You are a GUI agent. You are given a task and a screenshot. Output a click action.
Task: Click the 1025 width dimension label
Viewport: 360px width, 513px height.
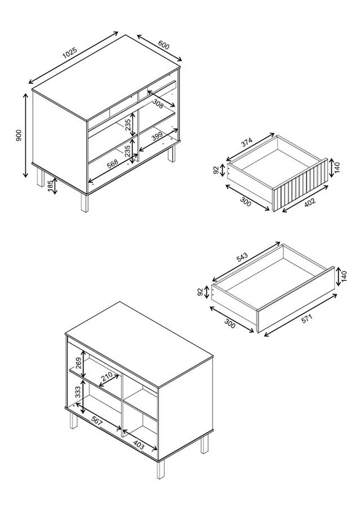pyautogui.click(x=70, y=53)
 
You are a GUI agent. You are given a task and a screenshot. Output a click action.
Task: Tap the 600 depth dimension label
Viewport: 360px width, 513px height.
pyautogui.click(x=163, y=45)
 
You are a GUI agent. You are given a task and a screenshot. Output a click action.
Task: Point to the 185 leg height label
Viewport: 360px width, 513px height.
pyautogui.click(x=50, y=186)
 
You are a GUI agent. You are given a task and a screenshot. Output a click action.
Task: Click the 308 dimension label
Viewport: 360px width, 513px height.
pyautogui.click(x=158, y=103)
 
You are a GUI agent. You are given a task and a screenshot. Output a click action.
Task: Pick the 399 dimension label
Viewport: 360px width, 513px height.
pyautogui.click(x=157, y=136)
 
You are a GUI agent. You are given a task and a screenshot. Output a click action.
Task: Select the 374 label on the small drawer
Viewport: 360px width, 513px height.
pyautogui.click(x=247, y=142)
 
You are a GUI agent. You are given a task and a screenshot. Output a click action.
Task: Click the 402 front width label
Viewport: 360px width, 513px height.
pyautogui.click(x=310, y=202)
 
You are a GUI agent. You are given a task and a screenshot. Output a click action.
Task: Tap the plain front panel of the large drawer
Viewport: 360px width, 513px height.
pyautogui.click(x=295, y=299)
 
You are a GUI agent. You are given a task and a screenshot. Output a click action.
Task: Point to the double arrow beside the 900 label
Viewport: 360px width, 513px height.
pyautogui.click(x=25, y=135)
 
